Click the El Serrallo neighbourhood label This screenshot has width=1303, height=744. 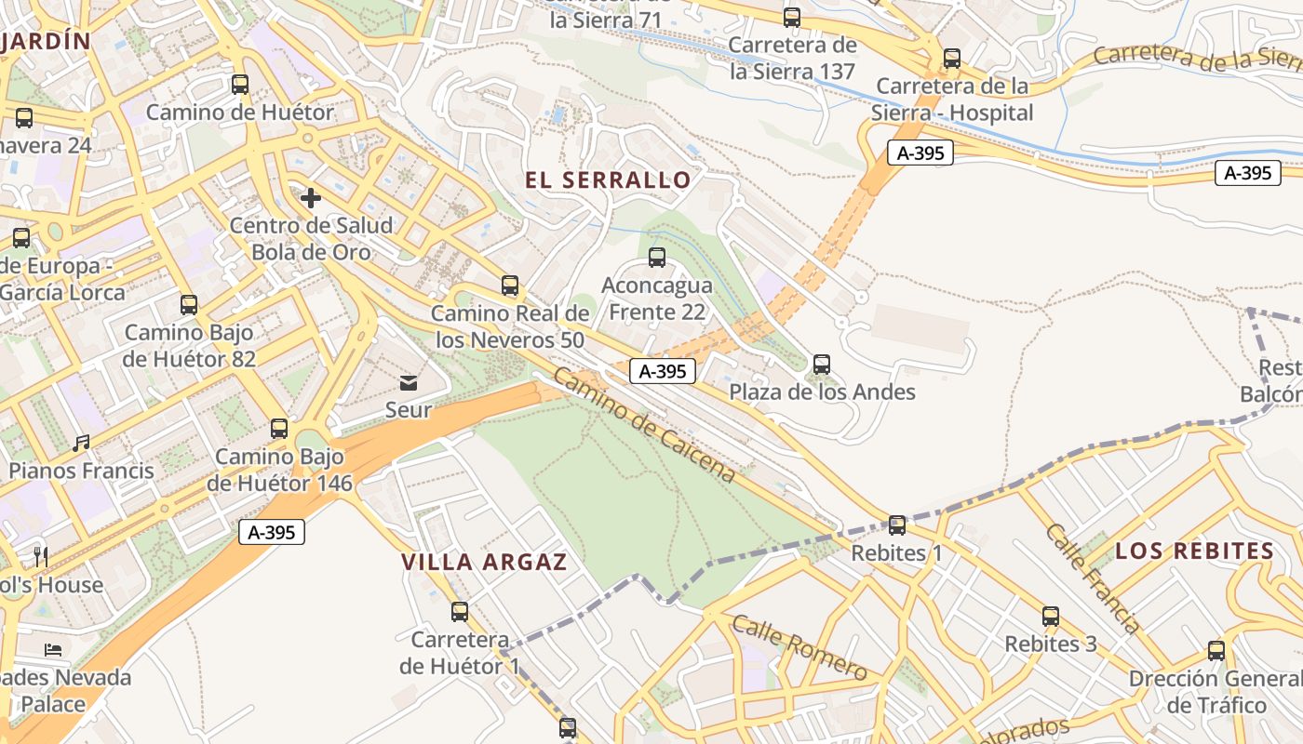pos(608,180)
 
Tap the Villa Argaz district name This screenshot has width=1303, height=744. pos(484,563)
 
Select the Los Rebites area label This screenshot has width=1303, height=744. pos(1195,551)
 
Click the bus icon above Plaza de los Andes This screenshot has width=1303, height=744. pos(821,365)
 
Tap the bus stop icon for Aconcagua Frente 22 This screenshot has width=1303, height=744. pos(657,258)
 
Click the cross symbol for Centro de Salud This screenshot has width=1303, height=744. pos(311,198)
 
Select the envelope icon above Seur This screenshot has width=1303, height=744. pos(409,382)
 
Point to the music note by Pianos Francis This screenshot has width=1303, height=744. pos(82,444)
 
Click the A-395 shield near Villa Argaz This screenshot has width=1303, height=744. pos(272,532)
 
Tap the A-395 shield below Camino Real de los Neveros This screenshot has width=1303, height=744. pos(663,371)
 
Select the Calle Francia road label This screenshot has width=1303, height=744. pos(1091,578)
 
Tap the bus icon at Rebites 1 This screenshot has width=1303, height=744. pos(897,525)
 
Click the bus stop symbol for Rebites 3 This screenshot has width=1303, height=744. pos(1051,617)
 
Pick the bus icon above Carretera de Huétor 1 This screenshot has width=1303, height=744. pos(460,612)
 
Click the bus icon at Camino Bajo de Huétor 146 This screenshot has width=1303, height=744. pos(279,429)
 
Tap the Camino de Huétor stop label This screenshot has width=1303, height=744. pos(240,113)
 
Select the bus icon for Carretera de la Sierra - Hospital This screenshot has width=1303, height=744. pos(952,59)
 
